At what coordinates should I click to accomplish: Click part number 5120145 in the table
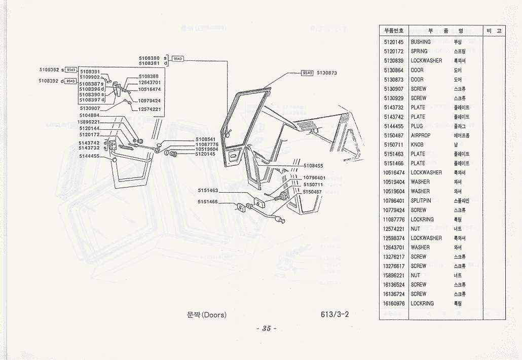pos(393,42)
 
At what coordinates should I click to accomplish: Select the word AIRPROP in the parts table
pos(421,135)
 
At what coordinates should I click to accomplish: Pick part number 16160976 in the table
pos(393,303)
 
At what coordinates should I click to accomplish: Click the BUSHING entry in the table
pos(421,42)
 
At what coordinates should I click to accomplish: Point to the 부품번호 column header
pos(393,31)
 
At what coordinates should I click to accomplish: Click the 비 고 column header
pos(494,31)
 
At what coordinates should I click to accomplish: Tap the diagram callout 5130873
pos(327,73)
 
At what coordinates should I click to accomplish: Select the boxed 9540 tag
pos(307,73)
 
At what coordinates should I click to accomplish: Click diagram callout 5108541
pos(206,139)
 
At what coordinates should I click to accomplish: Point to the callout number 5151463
pos(208,191)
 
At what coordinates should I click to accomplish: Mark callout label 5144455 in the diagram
pos(89,156)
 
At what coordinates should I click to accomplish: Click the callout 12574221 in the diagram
pos(150,109)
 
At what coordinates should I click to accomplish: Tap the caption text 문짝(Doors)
pos(207,315)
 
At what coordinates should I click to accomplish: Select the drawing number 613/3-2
pos(334,314)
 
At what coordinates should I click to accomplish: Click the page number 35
pos(267,329)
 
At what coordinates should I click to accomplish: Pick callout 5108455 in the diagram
pos(314,166)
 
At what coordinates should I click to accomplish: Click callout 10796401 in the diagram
pos(314,178)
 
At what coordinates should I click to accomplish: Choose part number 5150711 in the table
pos(393,145)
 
